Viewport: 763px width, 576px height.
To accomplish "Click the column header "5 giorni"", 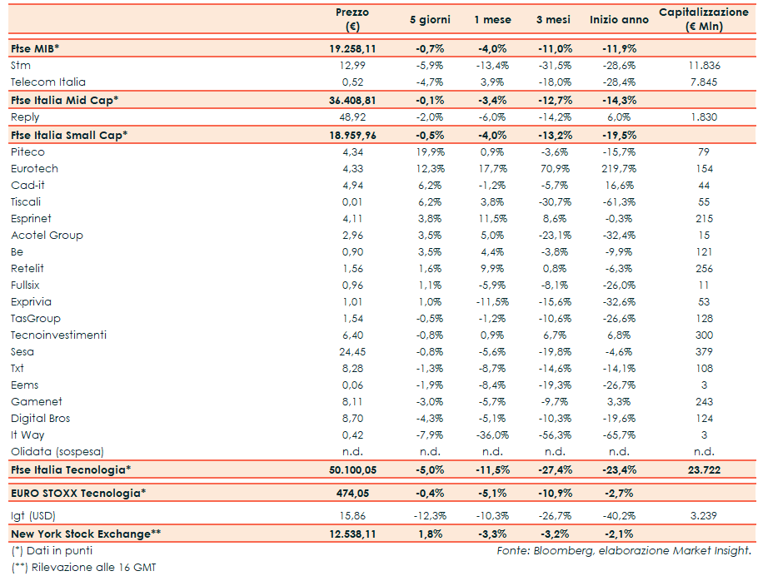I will tap(430, 19).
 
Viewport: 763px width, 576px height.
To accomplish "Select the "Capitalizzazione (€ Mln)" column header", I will tap(704, 19).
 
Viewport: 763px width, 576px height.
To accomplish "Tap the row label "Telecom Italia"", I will tap(48, 82).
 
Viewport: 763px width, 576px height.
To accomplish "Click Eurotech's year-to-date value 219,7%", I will tap(619, 168).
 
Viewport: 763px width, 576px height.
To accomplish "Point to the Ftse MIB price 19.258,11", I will tap(352, 48).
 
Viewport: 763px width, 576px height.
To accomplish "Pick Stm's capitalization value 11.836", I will tap(704, 65).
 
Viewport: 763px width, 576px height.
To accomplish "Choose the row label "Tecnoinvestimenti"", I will tap(59, 335).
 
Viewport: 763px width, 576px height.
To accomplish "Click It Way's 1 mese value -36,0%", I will tap(492, 434).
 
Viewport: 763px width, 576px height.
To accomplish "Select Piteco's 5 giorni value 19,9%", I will tap(430, 151).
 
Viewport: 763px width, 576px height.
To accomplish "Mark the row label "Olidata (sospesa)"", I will tap(57, 451).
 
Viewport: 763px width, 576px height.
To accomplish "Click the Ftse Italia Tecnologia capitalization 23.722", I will tap(704, 470).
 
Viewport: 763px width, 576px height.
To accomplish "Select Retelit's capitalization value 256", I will tap(704, 268).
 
